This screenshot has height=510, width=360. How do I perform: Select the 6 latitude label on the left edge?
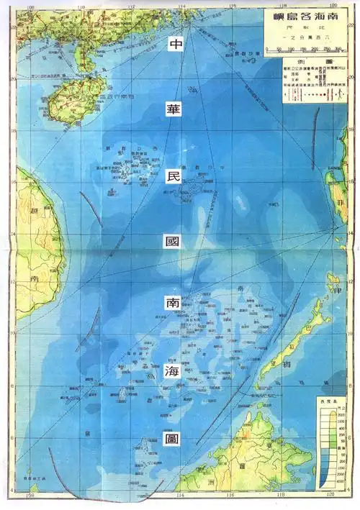pos(13,437)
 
